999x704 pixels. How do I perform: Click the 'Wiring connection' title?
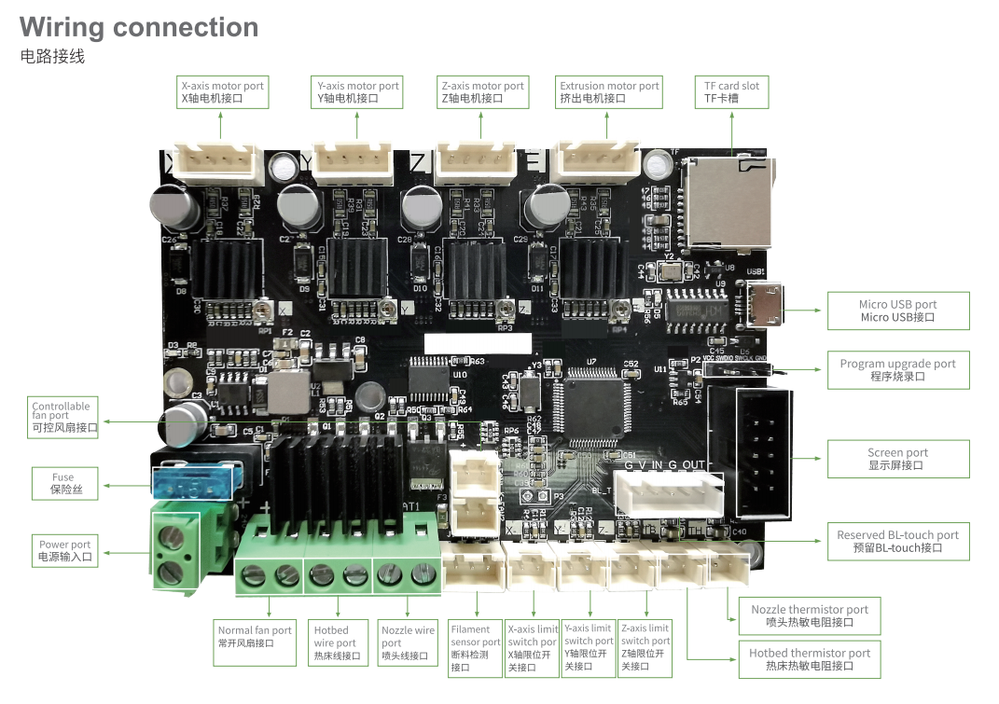[139, 27]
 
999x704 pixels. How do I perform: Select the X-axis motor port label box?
[222, 91]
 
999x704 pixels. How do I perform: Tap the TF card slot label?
[731, 91]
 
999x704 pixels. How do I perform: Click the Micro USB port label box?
[897, 311]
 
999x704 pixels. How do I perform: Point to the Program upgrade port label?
[897, 370]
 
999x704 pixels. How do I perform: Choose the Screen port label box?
[897, 459]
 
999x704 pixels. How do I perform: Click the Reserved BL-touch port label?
[897, 542]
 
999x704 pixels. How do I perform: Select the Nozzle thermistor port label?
[809, 615]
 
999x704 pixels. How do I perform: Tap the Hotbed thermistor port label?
[809, 659]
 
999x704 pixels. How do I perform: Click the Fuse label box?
[62, 483]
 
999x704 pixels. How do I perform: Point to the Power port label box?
[64, 550]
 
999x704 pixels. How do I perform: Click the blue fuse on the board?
[190, 485]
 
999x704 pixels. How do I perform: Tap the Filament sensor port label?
[475, 648]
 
